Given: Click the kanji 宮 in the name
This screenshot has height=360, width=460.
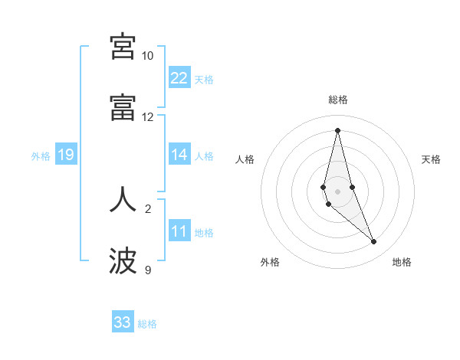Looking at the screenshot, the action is pos(123,47).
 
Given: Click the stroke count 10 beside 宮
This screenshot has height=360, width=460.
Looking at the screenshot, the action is pos(147,56).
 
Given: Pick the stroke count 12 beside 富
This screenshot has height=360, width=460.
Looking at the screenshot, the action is pos(147,117).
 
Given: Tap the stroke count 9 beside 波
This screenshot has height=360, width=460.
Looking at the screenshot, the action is pos(148,270).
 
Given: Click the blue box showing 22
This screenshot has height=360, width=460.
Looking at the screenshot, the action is pos(179,77).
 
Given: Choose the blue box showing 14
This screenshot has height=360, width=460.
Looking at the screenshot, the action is pos(179,155).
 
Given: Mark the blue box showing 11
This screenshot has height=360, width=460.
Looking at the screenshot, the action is pos(179,231).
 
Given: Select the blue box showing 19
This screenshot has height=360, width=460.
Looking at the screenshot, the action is pos(66,155).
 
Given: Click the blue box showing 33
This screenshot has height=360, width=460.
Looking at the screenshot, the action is pos(123,322).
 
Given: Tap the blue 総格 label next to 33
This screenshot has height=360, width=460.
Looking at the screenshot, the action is pos(148,324).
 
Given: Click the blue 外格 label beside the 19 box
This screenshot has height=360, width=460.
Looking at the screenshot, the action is pos(41,155).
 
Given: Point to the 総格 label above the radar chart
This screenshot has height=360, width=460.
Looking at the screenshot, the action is pos(338,100).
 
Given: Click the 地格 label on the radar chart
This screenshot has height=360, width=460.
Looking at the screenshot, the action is pos(402,262).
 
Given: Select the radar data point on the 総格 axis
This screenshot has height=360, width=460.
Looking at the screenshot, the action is pos(337,129).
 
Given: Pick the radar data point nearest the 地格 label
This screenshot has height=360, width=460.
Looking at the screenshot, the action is pos(374,242).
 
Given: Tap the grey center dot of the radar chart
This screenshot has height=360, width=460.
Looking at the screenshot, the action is pos(337,191).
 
